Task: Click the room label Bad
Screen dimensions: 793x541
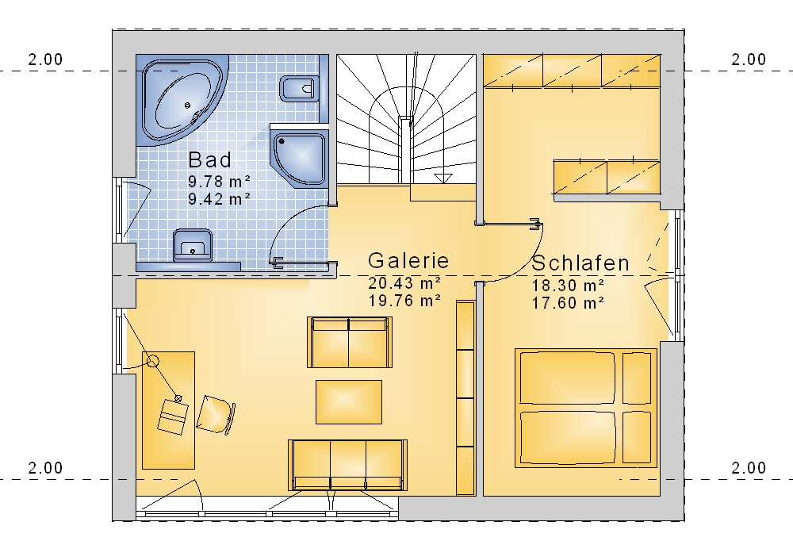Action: point(210,160)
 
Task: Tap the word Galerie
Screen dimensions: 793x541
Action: point(408,261)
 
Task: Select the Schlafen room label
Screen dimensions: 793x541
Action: point(580,263)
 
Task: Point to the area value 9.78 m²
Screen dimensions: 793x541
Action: point(220,181)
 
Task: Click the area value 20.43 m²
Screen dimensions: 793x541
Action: point(404,282)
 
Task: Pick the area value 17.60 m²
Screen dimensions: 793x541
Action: point(568,303)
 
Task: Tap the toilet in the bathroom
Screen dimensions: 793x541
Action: point(298,89)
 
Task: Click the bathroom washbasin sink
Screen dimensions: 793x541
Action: point(193,245)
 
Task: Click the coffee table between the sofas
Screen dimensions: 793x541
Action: point(349,402)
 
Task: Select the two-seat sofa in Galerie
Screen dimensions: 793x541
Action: point(350,342)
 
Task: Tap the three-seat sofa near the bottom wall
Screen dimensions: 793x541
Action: point(347,465)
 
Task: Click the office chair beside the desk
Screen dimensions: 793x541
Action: point(216,415)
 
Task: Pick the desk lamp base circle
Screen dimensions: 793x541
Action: point(153,361)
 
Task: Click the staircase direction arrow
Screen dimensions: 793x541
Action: point(443,178)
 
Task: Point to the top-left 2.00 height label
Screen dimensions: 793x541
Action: point(45,59)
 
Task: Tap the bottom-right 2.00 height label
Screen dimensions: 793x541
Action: point(749,468)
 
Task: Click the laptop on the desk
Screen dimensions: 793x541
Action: point(172,417)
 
